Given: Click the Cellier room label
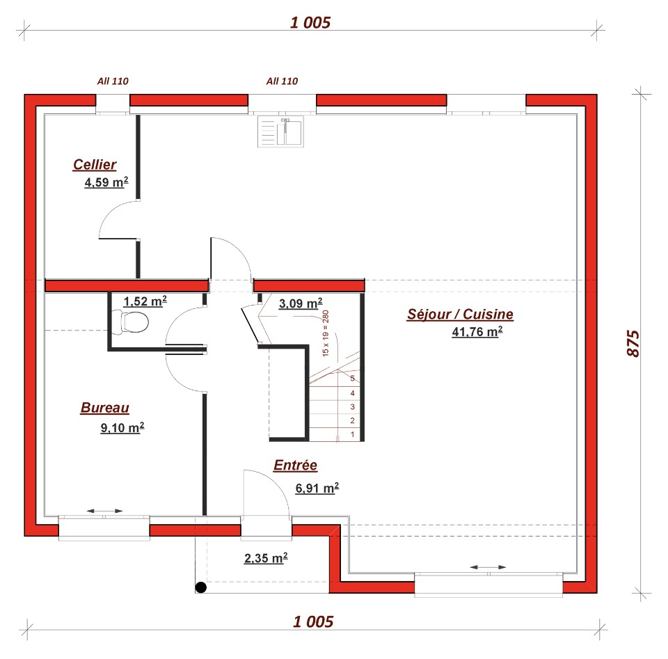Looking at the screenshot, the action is (95, 165).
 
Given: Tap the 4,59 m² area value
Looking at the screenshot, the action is (106, 182).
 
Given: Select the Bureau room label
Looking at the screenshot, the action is (105, 408).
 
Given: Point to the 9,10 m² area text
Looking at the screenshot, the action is (122, 427).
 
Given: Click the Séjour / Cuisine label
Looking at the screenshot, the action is (460, 315).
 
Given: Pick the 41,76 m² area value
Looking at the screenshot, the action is (477, 331).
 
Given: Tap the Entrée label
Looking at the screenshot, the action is (295, 465).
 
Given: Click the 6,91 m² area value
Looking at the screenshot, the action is (317, 488).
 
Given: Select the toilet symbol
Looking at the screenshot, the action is (130, 322).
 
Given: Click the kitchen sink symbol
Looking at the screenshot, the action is (280, 132).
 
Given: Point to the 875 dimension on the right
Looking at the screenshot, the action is (633, 343).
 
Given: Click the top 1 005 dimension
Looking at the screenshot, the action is (310, 22).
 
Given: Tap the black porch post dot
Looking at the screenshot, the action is (201, 587).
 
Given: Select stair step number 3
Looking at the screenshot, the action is (352, 407).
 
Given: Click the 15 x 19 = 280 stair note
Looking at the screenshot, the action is (326, 333).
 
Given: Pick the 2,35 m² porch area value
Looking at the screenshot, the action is (266, 558).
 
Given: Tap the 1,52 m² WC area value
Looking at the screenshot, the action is (145, 301).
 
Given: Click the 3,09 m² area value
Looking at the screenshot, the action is (301, 303).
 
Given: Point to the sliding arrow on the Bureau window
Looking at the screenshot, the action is (104, 511).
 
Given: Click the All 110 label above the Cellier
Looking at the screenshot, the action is (113, 81).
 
